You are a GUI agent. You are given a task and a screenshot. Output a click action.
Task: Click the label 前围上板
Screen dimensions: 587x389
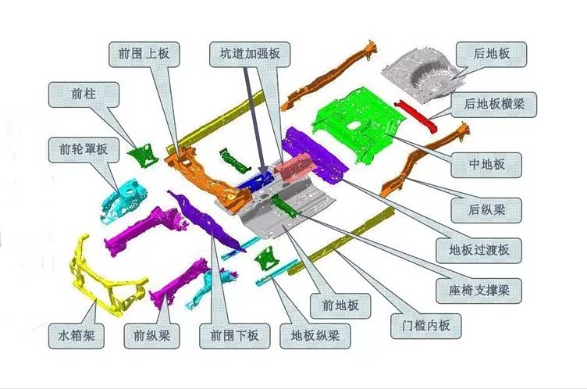tap(144, 55)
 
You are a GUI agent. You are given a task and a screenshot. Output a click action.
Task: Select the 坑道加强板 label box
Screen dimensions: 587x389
tap(250, 55)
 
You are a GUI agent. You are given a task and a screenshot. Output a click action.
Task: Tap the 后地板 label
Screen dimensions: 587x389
tap(491, 55)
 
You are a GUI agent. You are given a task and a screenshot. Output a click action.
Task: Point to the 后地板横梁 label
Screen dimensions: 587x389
tap(494, 104)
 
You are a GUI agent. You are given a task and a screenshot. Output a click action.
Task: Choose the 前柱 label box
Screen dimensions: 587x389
tap(84, 95)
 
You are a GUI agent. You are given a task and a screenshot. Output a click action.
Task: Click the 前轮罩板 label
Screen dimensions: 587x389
tap(84, 149)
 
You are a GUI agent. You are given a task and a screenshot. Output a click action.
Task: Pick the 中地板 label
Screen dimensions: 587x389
tap(486, 165)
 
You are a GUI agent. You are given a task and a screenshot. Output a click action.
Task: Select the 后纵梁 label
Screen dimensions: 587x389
tap(486, 210)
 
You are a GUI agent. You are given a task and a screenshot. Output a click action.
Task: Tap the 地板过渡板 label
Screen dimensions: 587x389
tap(478, 250)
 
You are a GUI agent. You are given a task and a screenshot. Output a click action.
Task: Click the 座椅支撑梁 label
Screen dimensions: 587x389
tap(478, 291)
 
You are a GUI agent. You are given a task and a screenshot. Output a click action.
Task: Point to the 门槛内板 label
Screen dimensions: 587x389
tap(426, 326)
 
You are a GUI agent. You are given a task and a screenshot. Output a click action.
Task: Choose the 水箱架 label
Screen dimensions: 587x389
tap(76, 336)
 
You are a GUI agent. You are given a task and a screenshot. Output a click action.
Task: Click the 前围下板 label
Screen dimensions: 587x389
tap(234, 336)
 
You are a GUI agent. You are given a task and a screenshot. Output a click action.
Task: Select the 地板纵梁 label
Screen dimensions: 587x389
tap(315, 336)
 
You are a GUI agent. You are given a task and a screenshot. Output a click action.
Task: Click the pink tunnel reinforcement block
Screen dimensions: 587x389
tap(293, 168)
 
